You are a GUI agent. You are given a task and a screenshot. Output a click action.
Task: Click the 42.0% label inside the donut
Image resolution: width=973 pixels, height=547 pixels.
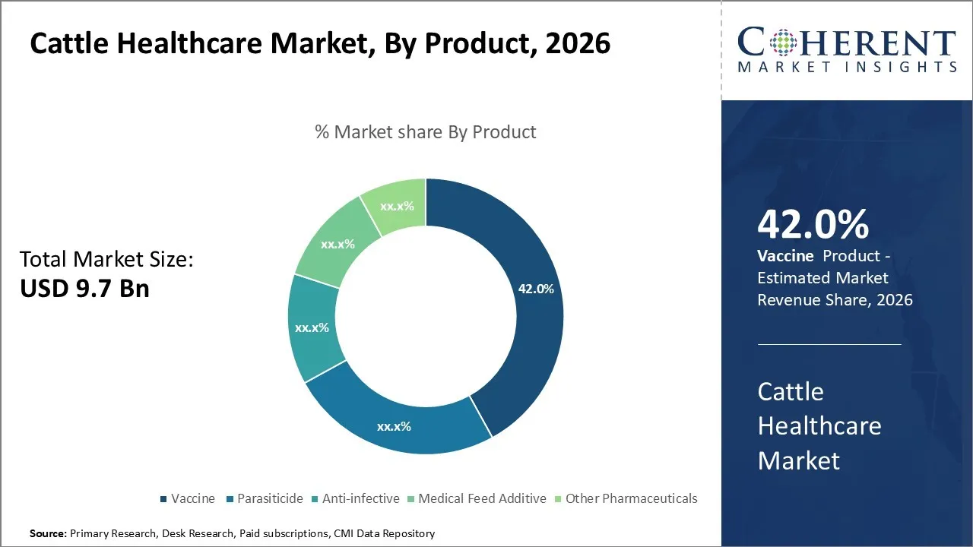point(536,289)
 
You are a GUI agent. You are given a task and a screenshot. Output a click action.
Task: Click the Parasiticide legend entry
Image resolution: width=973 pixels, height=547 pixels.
point(269,499)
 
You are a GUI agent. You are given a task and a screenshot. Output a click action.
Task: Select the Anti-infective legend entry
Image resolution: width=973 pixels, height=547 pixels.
point(360,499)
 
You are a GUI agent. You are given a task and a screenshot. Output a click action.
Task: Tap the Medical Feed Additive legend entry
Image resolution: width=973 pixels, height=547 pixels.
point(482,499)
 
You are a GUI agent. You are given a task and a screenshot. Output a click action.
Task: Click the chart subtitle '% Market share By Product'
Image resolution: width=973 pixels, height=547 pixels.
point(425,132)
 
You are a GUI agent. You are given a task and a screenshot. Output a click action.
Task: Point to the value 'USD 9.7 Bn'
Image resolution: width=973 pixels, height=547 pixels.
point(84,289)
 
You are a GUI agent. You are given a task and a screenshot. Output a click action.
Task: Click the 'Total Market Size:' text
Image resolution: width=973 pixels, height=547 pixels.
point(106,260)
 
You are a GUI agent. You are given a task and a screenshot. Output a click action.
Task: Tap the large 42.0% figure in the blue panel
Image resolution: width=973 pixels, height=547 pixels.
point(813,225)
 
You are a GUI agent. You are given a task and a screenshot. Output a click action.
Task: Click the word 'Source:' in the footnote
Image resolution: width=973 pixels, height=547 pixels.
point(49,534)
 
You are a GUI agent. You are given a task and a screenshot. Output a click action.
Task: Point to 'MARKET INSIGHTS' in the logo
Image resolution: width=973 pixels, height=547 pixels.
point(847,67)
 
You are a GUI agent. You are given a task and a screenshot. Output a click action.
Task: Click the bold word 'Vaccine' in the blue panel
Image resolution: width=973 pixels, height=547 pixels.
point(784,256)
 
